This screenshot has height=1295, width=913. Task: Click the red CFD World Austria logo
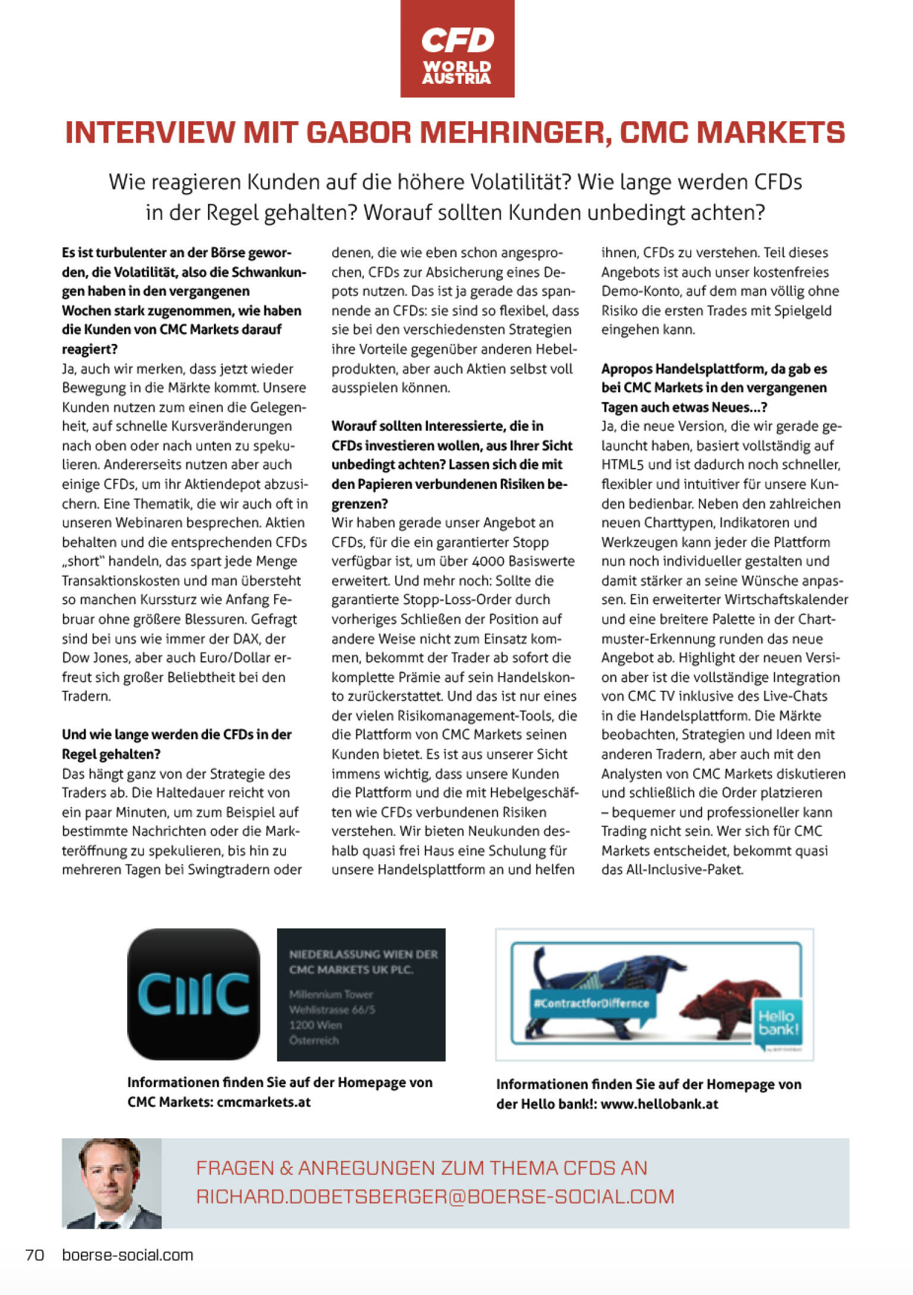(456, 49)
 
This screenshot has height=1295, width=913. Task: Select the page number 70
(35, 1255)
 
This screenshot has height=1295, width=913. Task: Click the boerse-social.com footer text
(128, 1255)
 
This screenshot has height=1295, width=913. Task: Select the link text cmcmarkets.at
(264, 1102)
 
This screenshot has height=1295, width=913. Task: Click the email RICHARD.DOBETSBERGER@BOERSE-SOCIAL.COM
(435, 1196)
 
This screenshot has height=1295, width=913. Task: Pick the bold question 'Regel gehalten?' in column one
(111, 754)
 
